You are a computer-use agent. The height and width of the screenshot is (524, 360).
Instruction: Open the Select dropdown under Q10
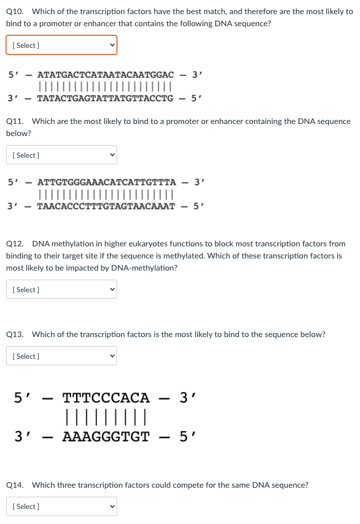(61, 45)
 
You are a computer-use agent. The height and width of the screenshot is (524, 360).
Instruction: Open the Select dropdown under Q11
(61, 155)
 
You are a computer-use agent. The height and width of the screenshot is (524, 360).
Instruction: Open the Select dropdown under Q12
(61, 289)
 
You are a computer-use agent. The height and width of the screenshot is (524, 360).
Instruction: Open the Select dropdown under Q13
(61, 356)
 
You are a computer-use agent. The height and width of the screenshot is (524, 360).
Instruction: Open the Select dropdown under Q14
(61, 506)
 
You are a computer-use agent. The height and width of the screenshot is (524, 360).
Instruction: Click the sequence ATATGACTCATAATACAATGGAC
(105, 75)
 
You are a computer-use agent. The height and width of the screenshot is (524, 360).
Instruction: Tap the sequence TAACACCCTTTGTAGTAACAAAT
(106, 206)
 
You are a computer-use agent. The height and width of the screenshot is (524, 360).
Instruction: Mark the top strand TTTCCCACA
(106, 398)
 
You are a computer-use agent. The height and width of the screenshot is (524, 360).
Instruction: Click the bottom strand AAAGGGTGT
(106, 436)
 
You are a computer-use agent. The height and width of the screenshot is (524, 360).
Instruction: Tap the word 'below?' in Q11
(19, 134)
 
